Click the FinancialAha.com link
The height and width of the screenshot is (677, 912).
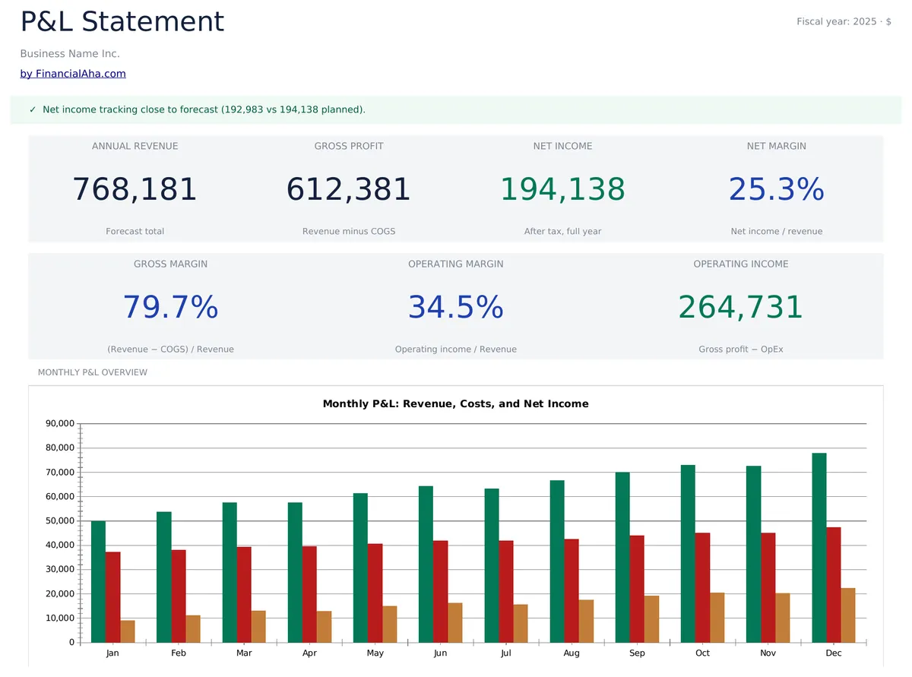tap(73, 74)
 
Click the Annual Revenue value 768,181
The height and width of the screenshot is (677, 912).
tap(135, 189)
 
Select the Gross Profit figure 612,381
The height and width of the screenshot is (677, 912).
tap(348, 189)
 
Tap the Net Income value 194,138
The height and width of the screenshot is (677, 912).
tap(562, 189)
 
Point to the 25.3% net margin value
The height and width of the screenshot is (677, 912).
tap(776, 189)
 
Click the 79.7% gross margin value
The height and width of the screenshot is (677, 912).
tap(170, 307)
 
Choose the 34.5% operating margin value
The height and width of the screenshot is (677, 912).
tap(455, 307)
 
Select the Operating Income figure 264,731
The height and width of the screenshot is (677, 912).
tap(740, 307)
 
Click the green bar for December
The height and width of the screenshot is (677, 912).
tap(819, 547)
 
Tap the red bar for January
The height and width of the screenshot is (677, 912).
tap(112, 596)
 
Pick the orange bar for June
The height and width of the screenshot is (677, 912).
tap(455, 622)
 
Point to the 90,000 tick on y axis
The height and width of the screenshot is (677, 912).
tap(60, 424)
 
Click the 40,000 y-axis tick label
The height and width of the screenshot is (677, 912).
tap(60, 546)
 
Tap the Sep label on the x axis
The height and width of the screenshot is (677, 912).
tap(637, 653)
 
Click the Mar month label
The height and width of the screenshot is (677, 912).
tap(244, 653)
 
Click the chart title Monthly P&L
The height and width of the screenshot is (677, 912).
tap(455, 404)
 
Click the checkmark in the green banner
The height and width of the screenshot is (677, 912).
tap(33, 109)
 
